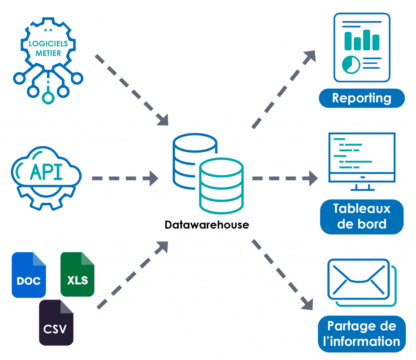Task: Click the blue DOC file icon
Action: pos(28,275)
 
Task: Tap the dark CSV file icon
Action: pos(56,322)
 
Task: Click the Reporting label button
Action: pos(362,98)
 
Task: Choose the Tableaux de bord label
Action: pos(362,216)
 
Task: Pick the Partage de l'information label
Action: pos(362,334)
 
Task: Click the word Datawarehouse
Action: pos(207,225)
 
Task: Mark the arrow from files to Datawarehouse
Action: pos(132,274)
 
